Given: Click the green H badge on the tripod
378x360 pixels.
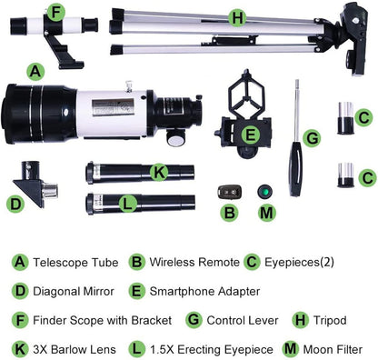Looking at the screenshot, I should (x=237, y=17).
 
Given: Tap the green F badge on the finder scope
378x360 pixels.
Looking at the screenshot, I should (x=57, y=12).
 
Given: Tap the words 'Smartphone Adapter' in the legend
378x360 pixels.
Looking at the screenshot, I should (x=204, y=291).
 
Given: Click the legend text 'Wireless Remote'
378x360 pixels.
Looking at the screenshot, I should (x=187, y=262).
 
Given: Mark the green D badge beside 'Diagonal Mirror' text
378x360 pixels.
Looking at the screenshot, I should (x=19, y=291).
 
